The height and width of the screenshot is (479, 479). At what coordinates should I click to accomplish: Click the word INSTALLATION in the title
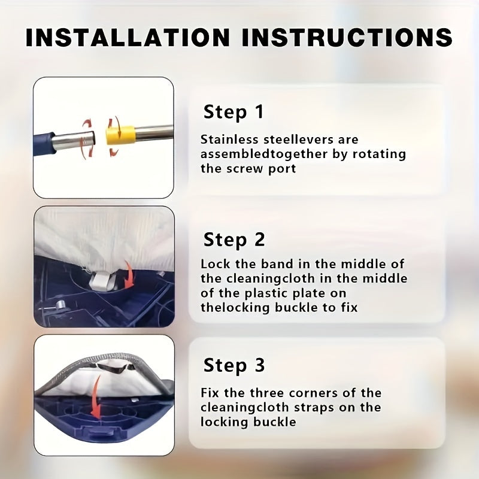[128, 37]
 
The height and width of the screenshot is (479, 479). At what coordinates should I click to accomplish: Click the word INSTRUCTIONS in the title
[347, 37]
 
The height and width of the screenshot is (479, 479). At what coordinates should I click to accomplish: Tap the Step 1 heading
[233, 111]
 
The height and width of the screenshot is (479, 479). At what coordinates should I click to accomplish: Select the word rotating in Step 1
[379, 154]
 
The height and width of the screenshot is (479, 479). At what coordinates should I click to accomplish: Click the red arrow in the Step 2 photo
[129, 274]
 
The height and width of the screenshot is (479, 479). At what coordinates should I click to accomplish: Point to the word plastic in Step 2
[265, 293]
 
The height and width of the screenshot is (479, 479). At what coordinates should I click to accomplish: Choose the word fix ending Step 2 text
[349, 307]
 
